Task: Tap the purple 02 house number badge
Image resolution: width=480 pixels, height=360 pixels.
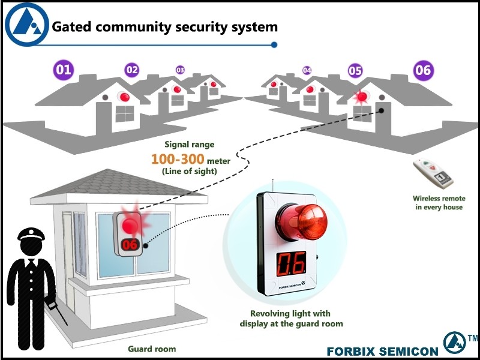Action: tap(132, 70)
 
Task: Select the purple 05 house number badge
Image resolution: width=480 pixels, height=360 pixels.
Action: tap(355, 71)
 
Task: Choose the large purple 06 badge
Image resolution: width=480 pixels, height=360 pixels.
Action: tap(423, 70)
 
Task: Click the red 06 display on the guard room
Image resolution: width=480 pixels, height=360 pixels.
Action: tap(130, 244)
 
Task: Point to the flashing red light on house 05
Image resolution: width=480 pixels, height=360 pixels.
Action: tap(362, 96)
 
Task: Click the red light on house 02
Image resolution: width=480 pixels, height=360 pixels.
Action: tap(124, 97)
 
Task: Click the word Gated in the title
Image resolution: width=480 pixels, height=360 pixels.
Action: tap(70, 27)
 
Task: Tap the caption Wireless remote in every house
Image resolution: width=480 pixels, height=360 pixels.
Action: tap(439, 203)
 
